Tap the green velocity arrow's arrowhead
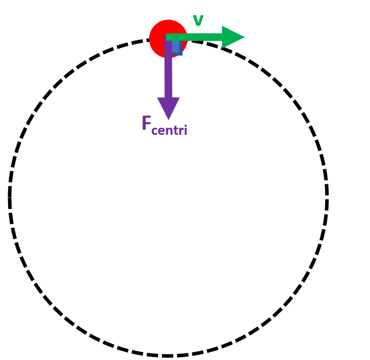(232, 37)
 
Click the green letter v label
(198, 21)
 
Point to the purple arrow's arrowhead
(168, 107)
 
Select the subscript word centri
(169, 130)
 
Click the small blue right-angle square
(176, 47)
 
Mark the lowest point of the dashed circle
(168, 355)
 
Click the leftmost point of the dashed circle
(10, 197)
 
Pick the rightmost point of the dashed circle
(327, 197)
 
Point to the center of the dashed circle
(168, 197)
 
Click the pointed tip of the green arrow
(244, 37)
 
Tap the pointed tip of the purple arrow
(168, 119)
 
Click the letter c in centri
(154, 131)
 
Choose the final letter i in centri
(185, 130)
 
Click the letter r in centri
(180, 131)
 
